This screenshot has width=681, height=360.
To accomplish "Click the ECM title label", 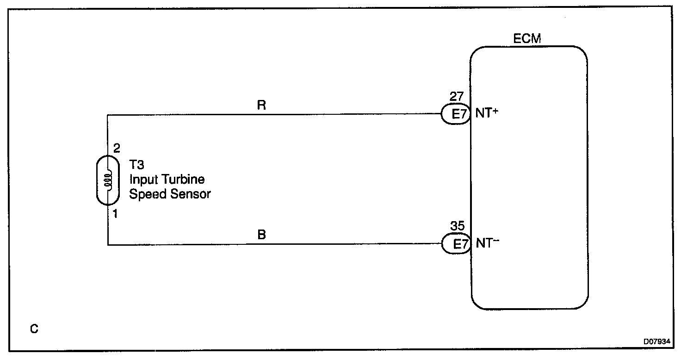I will (x=527, y=39).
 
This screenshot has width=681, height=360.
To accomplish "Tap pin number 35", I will (x=458, y=228).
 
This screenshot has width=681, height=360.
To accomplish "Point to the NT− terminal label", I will (x=487, y=244).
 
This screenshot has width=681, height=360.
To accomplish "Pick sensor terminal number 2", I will (x=116, y=149).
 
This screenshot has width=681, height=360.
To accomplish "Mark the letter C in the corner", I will (x=34, y=329).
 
